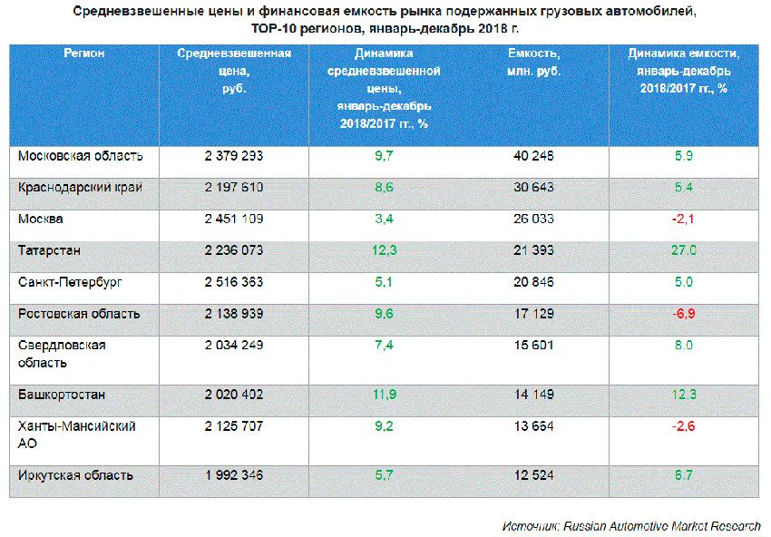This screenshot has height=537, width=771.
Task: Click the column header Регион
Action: (84, 54)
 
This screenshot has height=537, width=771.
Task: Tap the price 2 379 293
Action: (234, 156)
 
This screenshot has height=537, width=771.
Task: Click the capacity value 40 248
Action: (533, 156)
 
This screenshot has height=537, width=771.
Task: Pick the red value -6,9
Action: (684, 314)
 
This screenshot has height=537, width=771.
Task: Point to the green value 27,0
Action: (684, 250)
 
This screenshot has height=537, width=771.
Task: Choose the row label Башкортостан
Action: (62, 395)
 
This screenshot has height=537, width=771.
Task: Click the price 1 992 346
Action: (234, 475)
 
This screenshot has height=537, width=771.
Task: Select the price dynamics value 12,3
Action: (385, 250)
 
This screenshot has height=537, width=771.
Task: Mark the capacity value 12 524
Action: (533, 475)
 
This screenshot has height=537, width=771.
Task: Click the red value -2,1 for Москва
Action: (684, 219)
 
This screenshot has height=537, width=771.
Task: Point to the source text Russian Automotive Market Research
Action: (661, 526)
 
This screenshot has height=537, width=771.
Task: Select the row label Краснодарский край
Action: (81, 187)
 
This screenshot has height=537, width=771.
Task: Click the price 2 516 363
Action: (234, 282)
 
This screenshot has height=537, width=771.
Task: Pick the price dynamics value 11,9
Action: (385, 395)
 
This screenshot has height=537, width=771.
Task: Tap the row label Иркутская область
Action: (76, 475)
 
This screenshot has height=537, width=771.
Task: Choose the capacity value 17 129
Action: (533, 314)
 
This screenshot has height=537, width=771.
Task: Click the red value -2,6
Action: (684, 426)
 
